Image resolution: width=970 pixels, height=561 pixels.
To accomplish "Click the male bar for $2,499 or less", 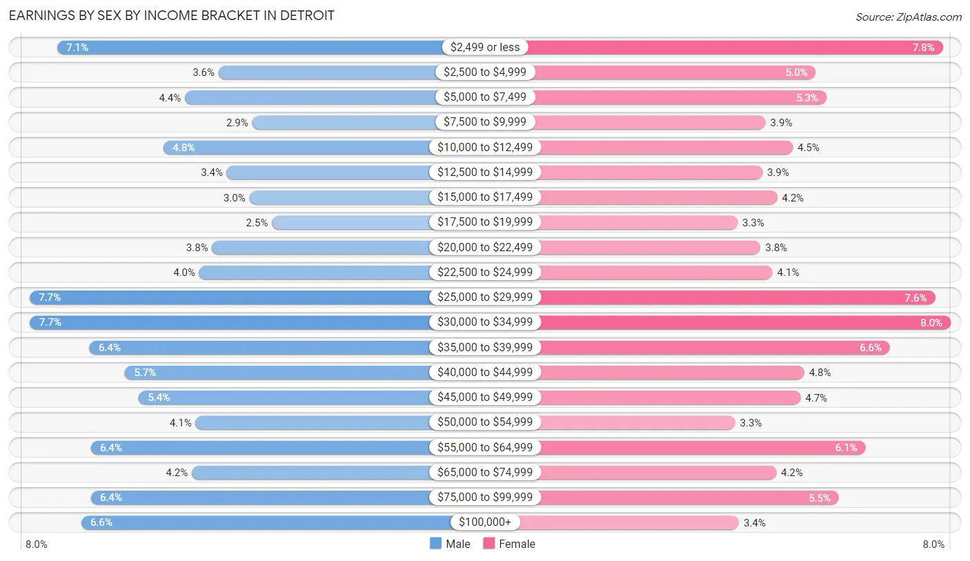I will click(248, 47).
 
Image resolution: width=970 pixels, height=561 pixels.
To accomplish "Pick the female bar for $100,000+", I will click(628, 522).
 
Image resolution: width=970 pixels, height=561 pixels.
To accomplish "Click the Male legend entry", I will click(450, 544).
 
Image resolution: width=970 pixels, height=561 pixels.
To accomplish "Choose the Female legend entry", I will click(509, 544).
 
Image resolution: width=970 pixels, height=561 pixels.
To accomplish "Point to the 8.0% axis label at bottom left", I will click(37, 544).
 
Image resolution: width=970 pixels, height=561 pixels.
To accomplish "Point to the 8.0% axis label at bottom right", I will click(933, 544).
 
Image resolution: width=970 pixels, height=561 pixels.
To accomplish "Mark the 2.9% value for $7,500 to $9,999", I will click(237, 122).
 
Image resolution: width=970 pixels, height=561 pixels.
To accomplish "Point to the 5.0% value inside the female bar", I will click(796, 72).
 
